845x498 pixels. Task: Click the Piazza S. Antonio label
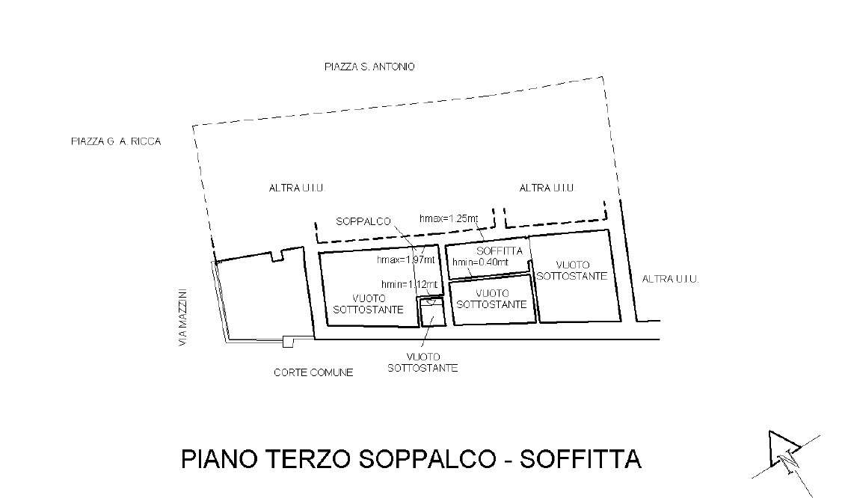coord(369,67)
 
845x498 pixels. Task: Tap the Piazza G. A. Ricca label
coord(116,141)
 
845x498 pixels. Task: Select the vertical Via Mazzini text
coord(184,318)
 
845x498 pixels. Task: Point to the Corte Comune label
coord(313,372)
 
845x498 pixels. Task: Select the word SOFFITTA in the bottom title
coord(580,459)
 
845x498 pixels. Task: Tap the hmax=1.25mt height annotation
coord(449,218)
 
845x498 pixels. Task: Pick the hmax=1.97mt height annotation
coord(406,259)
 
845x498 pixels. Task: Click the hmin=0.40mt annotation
coord(480,262)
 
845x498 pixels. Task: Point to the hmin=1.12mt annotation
coord(409,285)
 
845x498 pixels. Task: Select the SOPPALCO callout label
coord(363,221)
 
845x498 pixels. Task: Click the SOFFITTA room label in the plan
coord(500,251)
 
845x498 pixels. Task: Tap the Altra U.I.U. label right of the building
coord(671,279)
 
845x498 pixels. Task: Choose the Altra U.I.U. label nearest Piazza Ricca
coord(297,188)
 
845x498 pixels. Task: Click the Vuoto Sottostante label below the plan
coord(423,363)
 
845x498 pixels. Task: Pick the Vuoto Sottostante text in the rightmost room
coord(572,271)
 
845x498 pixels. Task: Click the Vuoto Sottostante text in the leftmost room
coord(368,304)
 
